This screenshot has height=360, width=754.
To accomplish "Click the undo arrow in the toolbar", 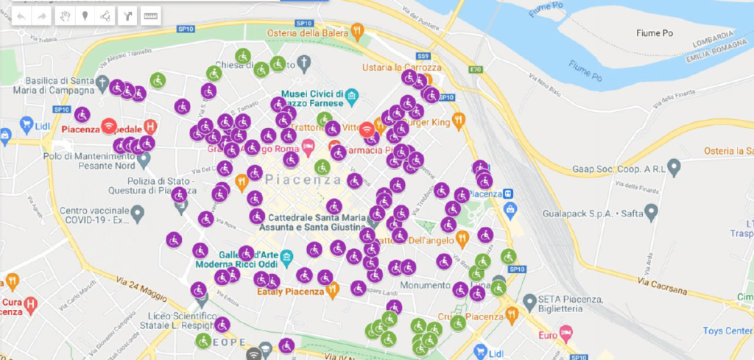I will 22,15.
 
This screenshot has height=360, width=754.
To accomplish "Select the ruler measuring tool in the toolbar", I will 150,15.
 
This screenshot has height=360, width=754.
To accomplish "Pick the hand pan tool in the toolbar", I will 65,15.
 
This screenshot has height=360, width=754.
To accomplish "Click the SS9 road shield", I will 423,56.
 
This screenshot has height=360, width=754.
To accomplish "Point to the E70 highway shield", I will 476,70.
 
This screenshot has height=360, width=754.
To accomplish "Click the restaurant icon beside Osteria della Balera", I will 358,30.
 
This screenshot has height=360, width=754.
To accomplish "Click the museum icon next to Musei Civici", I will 352,96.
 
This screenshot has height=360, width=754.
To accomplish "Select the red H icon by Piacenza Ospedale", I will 151,126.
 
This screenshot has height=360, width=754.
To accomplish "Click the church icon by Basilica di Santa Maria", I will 103,83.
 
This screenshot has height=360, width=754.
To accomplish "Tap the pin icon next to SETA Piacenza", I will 528,301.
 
